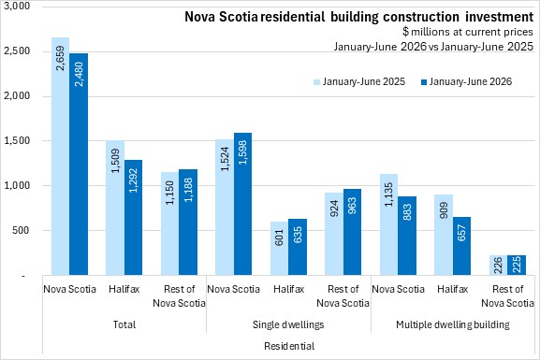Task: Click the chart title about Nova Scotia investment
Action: point(358,17)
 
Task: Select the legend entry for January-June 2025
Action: point(359,81)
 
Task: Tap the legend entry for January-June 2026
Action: point(466,81)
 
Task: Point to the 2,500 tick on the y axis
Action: point(16,51)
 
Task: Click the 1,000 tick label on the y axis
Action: point(16,185)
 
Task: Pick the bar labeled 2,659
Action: point(60,156)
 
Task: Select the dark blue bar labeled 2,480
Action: point(79,164)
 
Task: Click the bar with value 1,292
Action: point(133,217)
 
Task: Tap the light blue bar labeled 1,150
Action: point(169,223)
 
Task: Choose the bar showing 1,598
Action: point(242,204)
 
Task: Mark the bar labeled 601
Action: point(279,248)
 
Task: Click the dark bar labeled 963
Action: point(352,232)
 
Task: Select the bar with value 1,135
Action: point(388,224)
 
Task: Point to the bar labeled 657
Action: point(461,246)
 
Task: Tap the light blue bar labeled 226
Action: point(498,265)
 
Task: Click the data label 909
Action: point(444,210)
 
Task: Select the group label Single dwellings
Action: point(288,324)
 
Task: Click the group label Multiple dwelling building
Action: point(453,324)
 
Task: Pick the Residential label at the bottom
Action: point(289,346)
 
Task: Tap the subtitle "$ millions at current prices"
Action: point(468,32)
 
